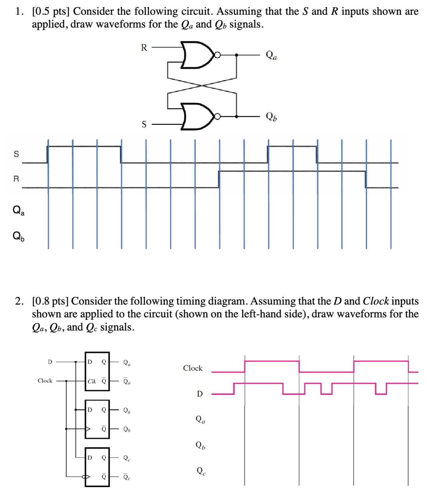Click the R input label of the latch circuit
(x=144, y=47)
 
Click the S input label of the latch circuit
(x=144, y=124)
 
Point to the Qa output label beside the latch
(x=271, y=55)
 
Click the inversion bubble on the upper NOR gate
(x=218, y=55)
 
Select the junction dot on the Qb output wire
(x=236, y=117)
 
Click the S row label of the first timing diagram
(x=16, y=154)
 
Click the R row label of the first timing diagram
(x=16, y=179)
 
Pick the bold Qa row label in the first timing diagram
(x=18, y=210)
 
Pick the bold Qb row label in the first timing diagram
(x=18, y=236)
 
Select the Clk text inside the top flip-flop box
(x=92, y=381)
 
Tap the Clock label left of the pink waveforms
(x=192, y=368)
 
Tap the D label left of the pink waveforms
(x=200, y=394)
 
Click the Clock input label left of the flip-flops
(x=45, y=381)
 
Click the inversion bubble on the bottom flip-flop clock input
(x=83, y=477)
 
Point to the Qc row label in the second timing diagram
(x=201, y=471)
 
